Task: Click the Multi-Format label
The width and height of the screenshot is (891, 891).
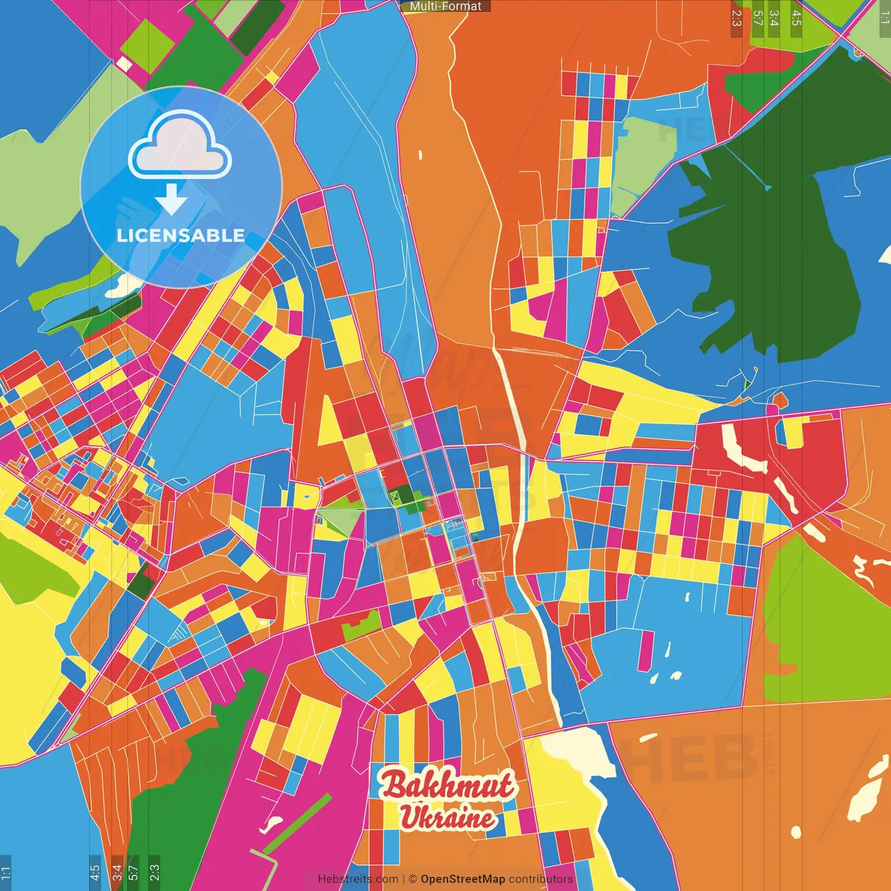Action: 445,6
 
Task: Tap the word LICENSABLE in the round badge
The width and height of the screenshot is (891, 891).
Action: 180,235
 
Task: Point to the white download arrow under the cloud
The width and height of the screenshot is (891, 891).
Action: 171,199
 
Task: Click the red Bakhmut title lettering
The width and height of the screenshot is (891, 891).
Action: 447,786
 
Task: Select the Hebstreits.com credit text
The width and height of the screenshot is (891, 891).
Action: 358,879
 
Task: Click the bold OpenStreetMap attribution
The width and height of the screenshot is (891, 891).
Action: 462,879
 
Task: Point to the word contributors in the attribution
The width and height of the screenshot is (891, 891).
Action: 541,879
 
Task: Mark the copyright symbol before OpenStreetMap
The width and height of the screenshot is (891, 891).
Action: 413,879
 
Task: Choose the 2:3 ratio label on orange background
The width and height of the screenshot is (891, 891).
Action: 736,18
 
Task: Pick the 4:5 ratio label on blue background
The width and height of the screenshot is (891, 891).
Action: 95,873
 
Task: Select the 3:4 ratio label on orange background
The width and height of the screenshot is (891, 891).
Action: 117,873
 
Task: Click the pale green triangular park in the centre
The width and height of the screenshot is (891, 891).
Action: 340,519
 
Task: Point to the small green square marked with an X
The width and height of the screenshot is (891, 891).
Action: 395,496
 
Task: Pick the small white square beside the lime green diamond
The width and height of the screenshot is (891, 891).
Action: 124,65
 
